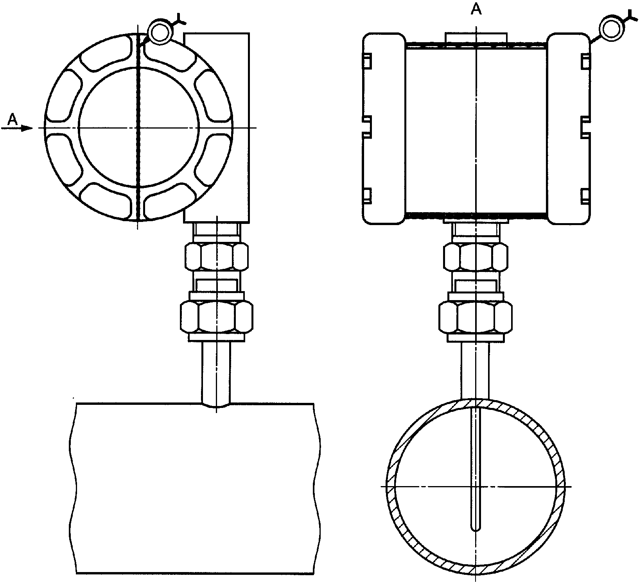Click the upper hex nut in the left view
216,256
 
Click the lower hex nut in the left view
216,317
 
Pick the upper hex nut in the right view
476,256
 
